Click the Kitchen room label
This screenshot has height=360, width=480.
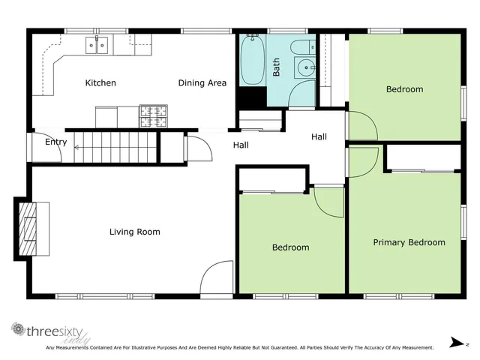(100, 83)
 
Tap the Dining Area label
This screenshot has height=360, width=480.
(202, 83)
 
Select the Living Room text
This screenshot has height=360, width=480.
(135, 232)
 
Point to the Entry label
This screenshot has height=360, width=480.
(56, 142)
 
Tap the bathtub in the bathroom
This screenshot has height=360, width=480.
(251, 60)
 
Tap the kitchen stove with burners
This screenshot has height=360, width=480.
(153, 116)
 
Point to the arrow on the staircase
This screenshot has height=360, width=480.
(78, 148)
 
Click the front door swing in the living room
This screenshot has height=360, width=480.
(217, 278)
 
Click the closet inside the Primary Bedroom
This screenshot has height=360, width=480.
(423, 158)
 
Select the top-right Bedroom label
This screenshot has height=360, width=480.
(404, 90)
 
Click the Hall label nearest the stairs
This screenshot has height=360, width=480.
(241, 145)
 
